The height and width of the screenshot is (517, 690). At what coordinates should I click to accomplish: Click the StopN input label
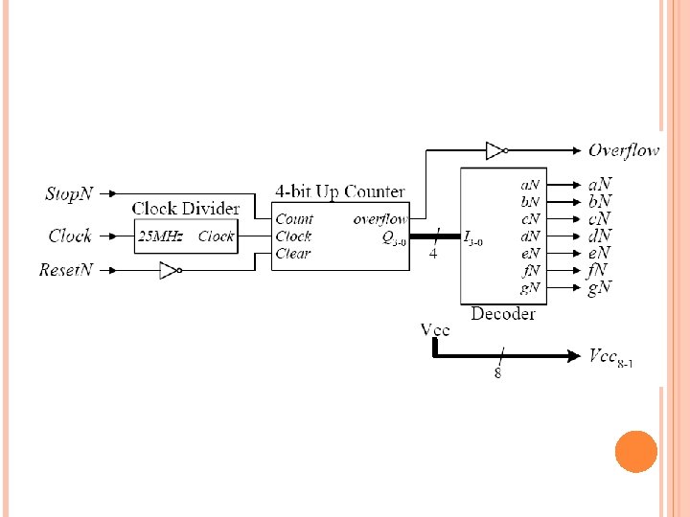tap(69, 194)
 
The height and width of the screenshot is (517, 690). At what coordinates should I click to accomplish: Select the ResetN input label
tap(66, 270)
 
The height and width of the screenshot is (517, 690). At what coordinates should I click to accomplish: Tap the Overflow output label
tap(623, 150)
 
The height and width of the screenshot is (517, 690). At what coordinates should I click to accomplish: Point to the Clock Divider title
tap(186, 209)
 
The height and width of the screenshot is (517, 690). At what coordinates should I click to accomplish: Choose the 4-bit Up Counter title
tap(339, 192)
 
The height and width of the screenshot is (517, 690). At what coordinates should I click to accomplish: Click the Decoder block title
tap(503, 314)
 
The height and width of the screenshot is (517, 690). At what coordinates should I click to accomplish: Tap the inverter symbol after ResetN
tap(169, 271)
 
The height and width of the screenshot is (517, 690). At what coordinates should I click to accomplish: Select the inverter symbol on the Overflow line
tap(495, 150)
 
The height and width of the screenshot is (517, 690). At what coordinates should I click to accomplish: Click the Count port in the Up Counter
tap(294, 219)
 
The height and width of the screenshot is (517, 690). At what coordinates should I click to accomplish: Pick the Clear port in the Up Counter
tap(293, 254)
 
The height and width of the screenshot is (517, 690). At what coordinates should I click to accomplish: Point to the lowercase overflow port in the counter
tap(379, 219)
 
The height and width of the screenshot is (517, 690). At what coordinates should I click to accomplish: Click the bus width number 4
tap(433, 255)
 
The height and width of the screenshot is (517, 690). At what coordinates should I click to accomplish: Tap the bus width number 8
tap(497, 374)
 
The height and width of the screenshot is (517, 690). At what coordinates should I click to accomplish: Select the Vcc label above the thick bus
tap(435, 330)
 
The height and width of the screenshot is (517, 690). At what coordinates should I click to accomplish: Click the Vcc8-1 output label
tap(610, 357)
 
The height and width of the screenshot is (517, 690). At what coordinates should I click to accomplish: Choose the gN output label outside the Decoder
tap(600, 287)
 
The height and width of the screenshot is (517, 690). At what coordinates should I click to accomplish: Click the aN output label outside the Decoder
tap(600, 184)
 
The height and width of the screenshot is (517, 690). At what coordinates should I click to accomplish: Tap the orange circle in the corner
tap(635, 452)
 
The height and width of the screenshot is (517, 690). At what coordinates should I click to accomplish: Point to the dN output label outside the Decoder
tap(600, 236)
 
